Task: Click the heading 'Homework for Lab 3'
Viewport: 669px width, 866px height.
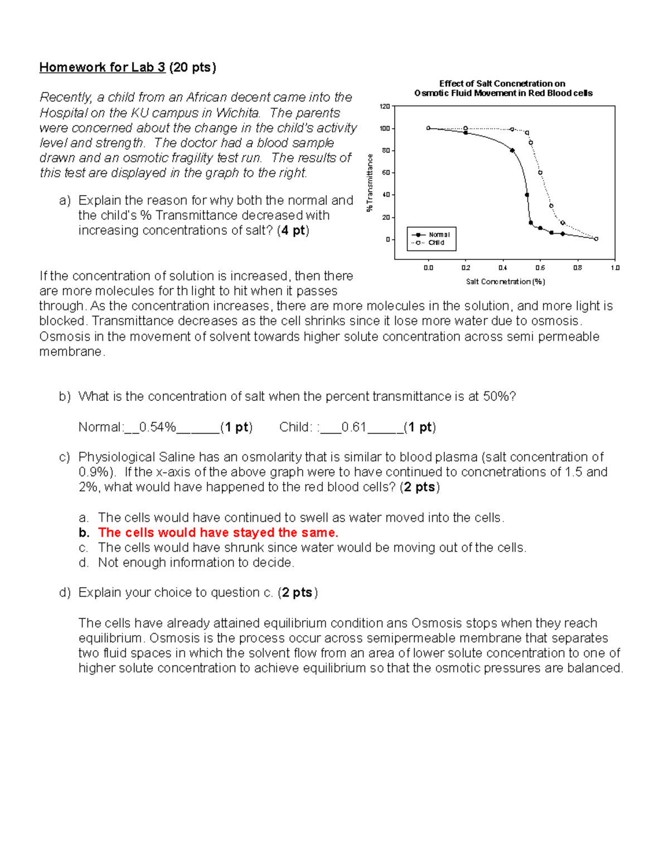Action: [x=102, y=67]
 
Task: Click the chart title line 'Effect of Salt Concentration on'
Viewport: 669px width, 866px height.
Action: [x=502, y=84]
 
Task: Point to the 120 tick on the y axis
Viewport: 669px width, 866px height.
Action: [x=385, y=106]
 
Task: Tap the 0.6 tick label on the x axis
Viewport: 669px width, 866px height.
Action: [x=540, y=268]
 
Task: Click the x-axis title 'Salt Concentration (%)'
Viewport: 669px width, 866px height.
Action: [x=505, y=282]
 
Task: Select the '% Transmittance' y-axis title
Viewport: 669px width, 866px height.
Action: [x=369, y=183]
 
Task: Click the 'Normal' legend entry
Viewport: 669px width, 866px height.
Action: [x=439, y=235]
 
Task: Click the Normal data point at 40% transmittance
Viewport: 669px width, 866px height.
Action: [x=527, y=195]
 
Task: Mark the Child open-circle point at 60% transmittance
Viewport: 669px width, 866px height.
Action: [x=540, y=173]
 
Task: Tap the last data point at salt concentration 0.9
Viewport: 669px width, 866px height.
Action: [x=596, y=239]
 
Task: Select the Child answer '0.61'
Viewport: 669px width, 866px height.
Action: [x=353, y=427]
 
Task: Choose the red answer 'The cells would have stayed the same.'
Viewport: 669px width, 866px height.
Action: [x=218, y=533]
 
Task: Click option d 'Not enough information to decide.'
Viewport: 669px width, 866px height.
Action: [x=196, y=563]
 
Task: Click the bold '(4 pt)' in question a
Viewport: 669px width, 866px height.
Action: [x=293, y=230]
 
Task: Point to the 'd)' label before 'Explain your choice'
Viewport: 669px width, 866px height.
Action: [x=65, y=592]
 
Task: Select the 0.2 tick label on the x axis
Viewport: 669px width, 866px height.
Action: [x=466, y=268]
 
